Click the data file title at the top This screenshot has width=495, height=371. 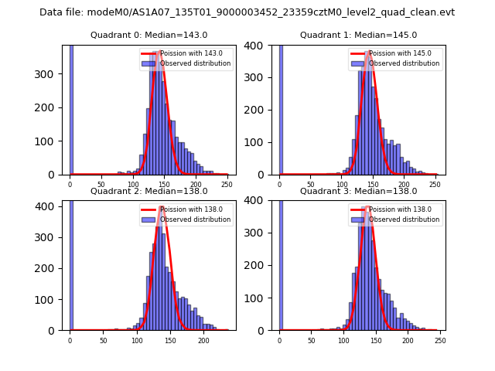(247, 12)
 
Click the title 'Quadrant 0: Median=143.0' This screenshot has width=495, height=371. (148, 35)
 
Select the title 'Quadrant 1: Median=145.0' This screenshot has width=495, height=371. (358, 35)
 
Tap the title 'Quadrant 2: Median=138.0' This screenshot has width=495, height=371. (148, 191)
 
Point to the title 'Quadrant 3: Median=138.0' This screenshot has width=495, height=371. (358, 191)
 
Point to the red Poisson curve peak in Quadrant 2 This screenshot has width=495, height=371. (161, 208)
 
